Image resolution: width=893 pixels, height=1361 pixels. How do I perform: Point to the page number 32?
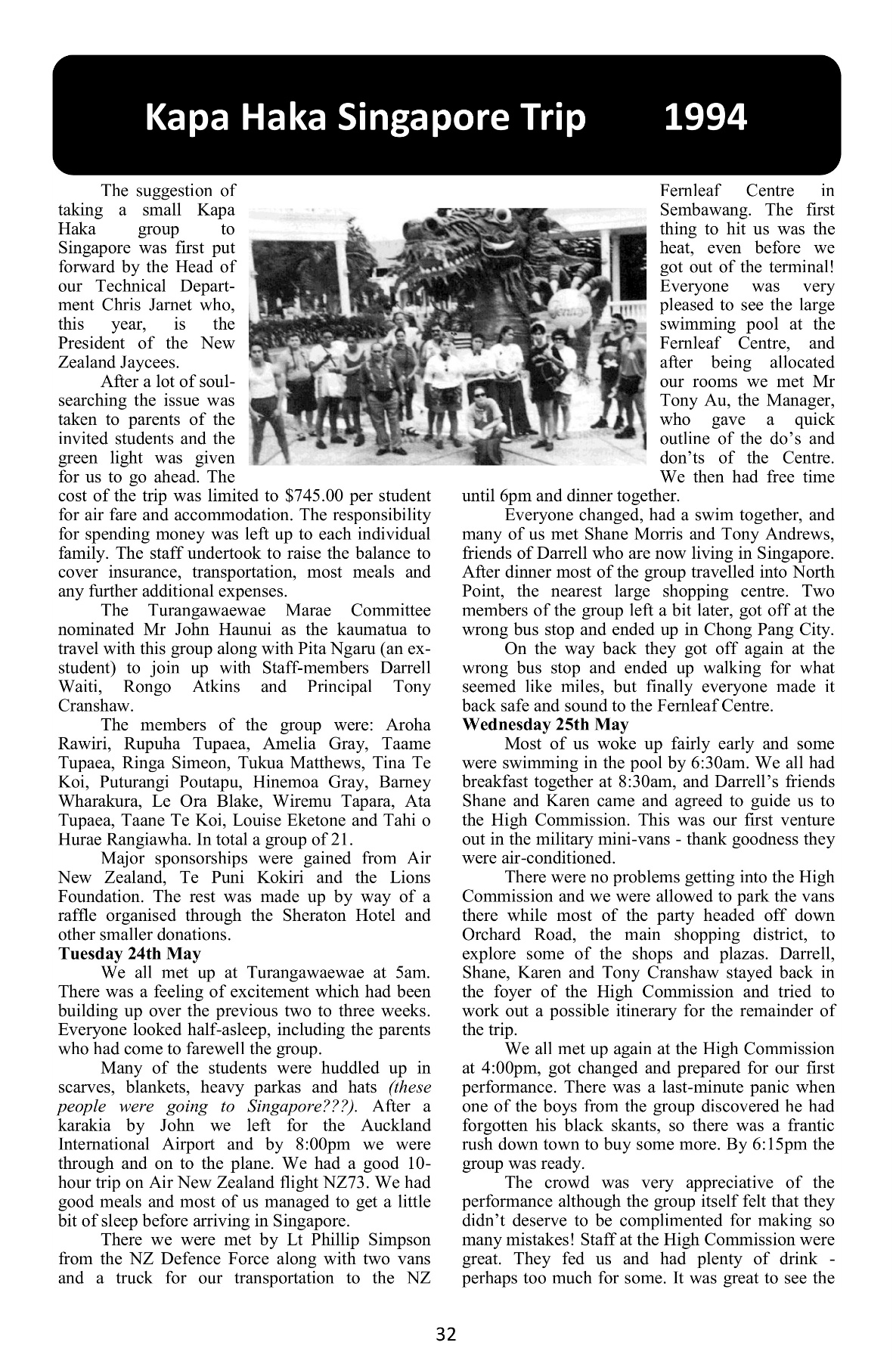[x=446, y=1335]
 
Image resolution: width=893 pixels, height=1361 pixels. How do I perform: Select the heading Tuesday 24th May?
[x=129, y=953]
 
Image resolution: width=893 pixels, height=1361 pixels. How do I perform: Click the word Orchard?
[x=491, y=935]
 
